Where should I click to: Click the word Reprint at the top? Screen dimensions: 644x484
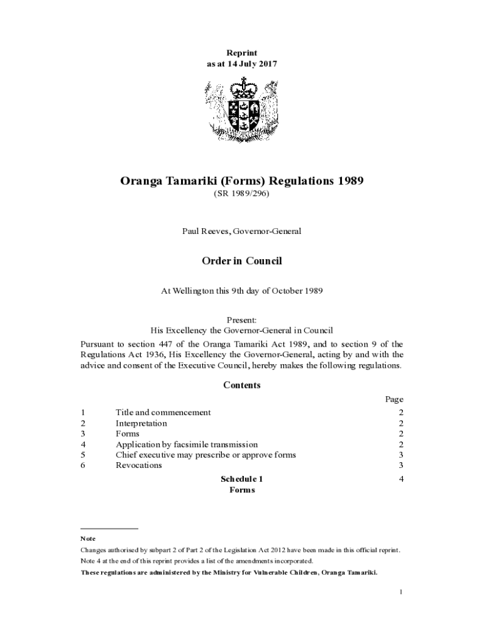pos(242,53)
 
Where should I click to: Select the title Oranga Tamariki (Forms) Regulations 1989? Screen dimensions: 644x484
pos(242,182)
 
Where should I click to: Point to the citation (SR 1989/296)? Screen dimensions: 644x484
pos(242,195)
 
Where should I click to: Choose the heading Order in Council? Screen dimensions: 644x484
pos(242,261)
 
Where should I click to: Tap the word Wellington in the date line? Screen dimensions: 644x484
pos(197,291)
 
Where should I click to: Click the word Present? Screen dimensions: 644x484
pos(242,319)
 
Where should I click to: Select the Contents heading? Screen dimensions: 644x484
pos(242,385)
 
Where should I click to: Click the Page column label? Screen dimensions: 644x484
pos(394,399)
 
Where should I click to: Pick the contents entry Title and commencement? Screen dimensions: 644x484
pos(163,413)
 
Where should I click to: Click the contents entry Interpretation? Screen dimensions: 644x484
pos(141,423)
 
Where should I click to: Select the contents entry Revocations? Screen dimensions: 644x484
pos(139,465)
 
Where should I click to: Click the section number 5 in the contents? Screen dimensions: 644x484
pos(83,455)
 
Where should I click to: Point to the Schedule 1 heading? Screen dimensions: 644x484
pos(242,479)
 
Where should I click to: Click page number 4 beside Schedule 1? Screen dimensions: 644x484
pos(400,479)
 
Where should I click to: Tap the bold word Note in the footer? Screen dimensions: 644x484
pos(87,539)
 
